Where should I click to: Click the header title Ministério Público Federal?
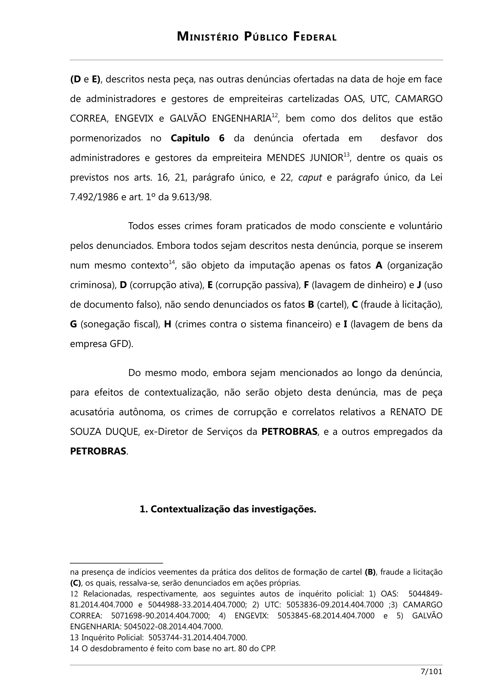(x=257, y=37)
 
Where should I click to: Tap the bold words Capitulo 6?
(x=197, y=138)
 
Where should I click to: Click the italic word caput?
(x=310, y=177)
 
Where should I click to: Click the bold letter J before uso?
(x=419, y=285)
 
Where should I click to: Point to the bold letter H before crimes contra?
(x=168, y=324)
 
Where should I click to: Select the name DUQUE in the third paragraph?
(x=122, y=431)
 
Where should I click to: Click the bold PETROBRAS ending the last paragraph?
(x=98, y=451)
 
